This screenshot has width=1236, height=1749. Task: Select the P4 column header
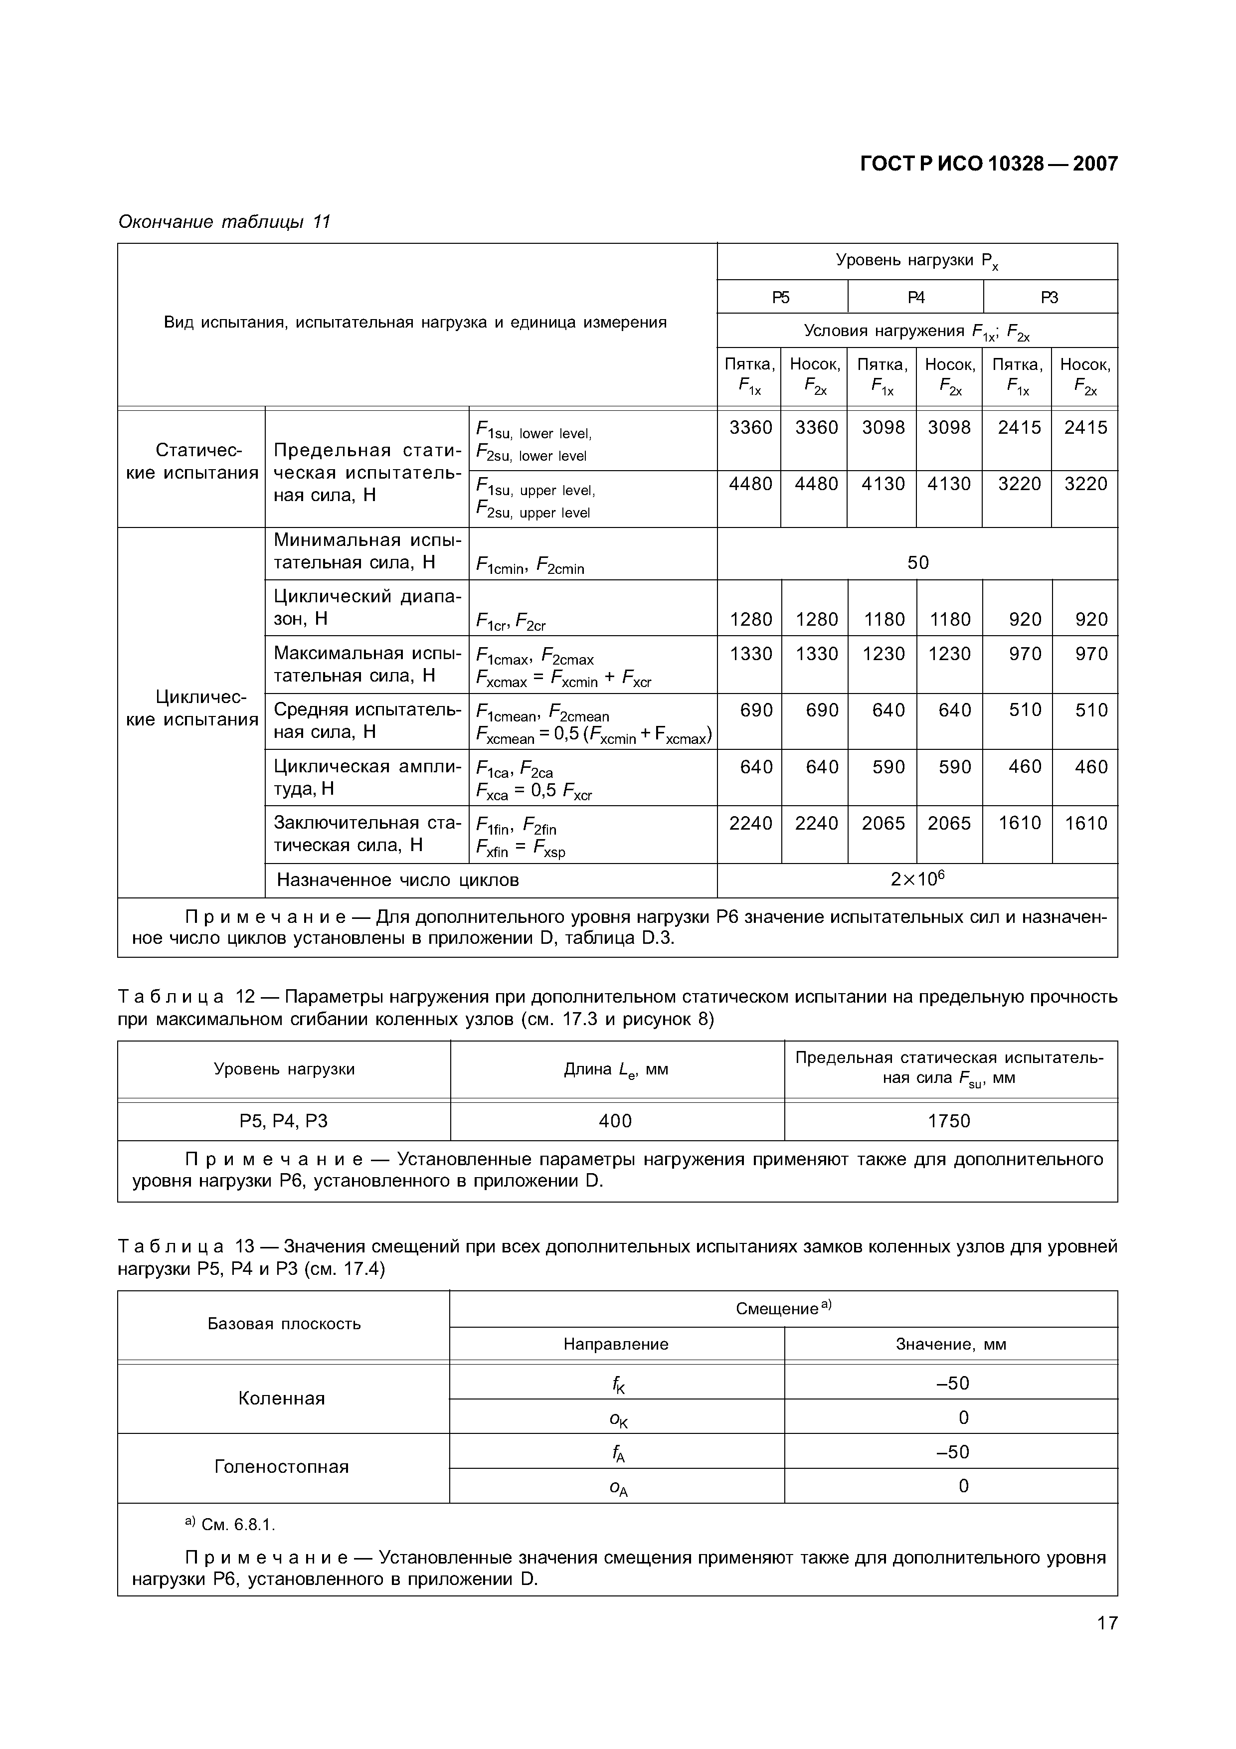click(915, 297)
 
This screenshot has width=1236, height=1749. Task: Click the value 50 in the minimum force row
click(918, 562)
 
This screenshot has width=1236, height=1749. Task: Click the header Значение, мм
click(950, 1345)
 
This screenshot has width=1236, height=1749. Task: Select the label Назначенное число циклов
click(397, 880)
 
